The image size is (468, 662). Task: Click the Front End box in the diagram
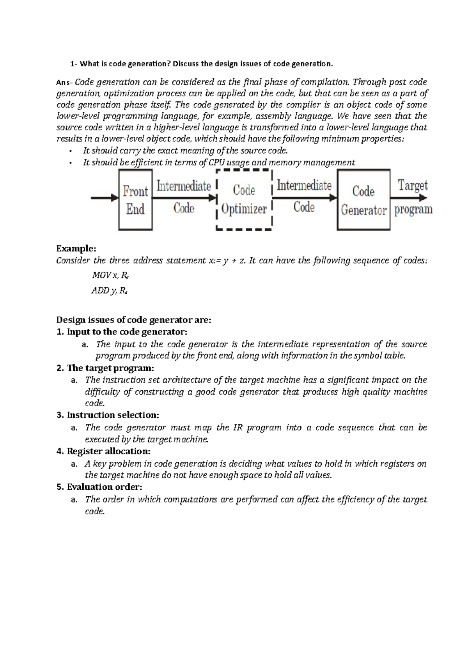[135, 201]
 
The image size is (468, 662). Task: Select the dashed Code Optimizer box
[244, 200]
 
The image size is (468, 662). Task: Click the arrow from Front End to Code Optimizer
[183, 198]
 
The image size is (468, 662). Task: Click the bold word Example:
[76, 249]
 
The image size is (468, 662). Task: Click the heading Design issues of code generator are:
[133, 320]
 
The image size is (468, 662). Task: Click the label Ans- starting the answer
[64, 83]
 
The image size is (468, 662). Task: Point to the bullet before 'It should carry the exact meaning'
[70, 151]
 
